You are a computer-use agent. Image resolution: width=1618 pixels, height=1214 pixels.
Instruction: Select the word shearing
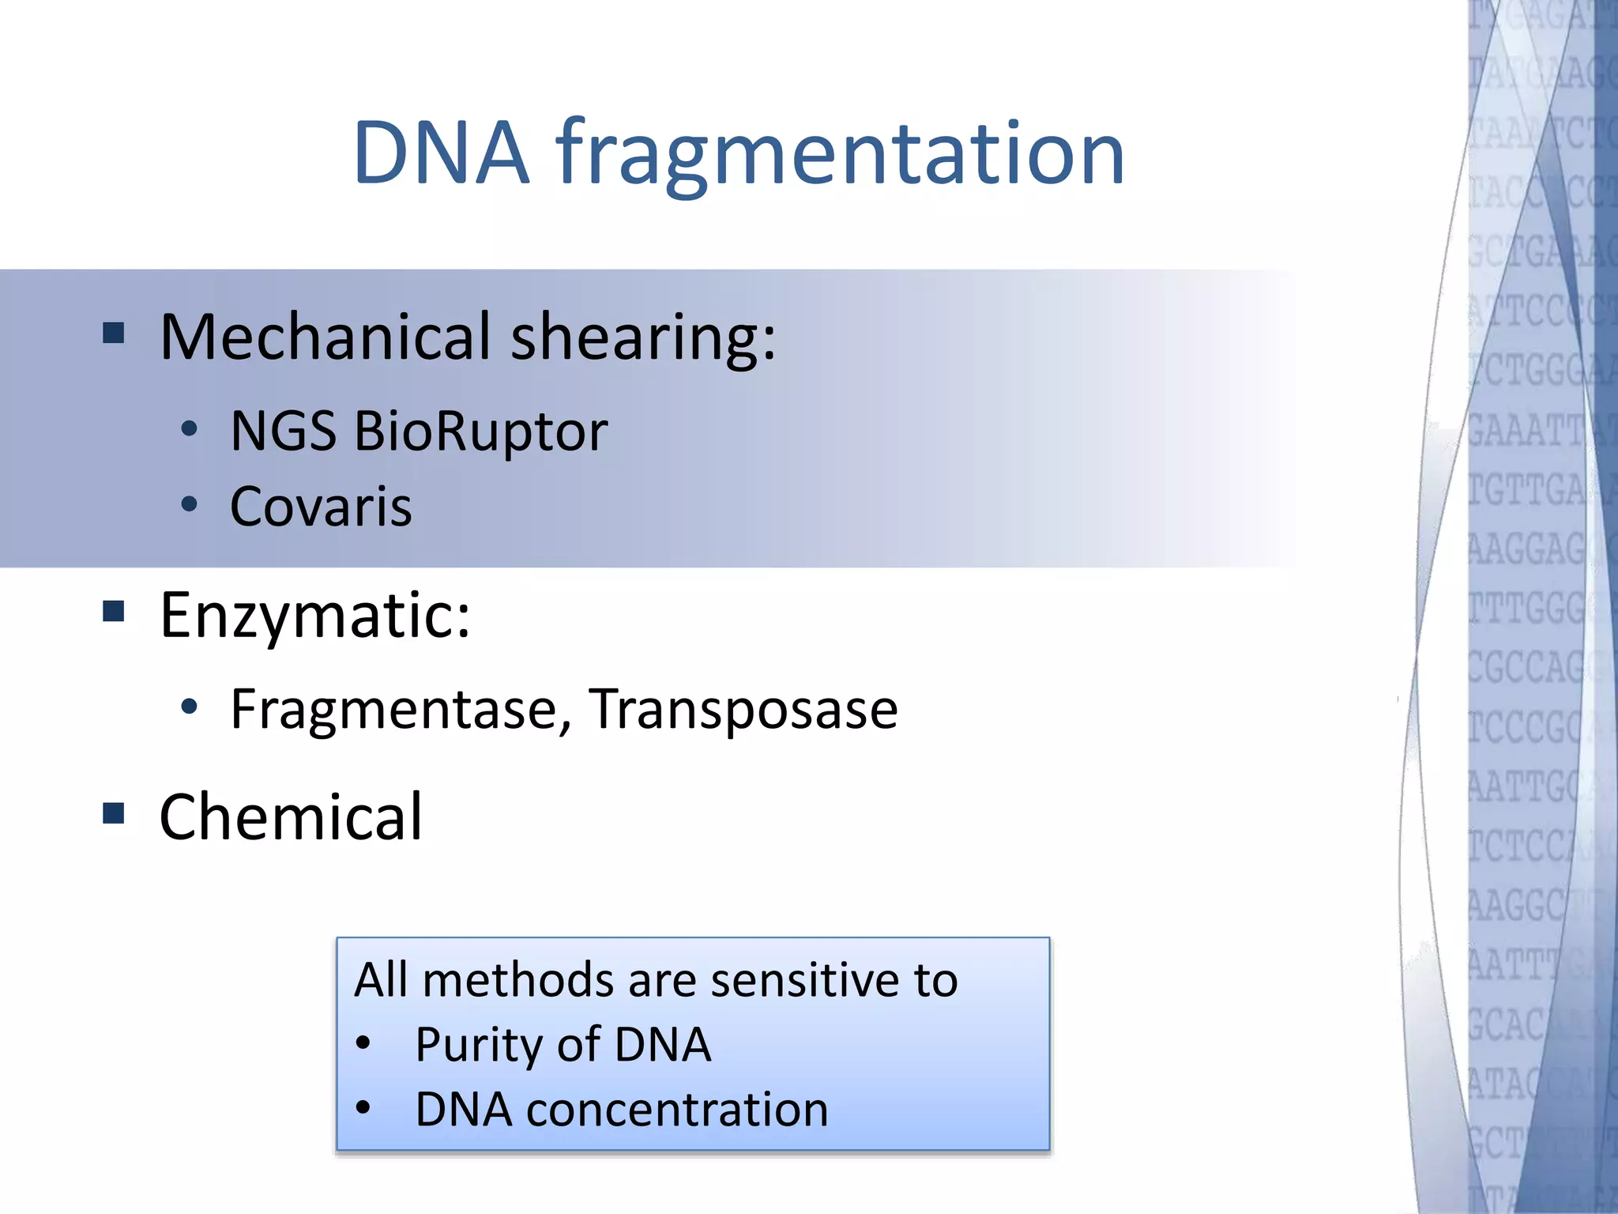pyautogui.click(x=643, y=339)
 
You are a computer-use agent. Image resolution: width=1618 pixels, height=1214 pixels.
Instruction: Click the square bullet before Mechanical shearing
pyautogui.click(x=114, y=333)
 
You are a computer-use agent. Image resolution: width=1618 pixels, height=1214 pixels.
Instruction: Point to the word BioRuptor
pyautogui.click(x=480, y=432)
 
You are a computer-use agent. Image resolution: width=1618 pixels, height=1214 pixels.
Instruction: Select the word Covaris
pyautogui.click(x=321, y=507)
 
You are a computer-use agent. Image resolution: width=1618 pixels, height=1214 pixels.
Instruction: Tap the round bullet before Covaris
pyautogui.click(x=189, y=503)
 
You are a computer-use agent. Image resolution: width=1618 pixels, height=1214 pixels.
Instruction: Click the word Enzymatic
pyautogui.click(x=314, y=616)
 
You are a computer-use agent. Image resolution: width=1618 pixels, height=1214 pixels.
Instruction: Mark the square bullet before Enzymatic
pyautogui.click(x=114, y=611)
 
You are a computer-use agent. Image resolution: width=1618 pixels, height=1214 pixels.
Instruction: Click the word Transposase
pyautogui.click(x=743, y=709)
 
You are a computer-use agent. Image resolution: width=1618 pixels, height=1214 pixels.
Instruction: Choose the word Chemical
pyautogui.click(x=291, y=817)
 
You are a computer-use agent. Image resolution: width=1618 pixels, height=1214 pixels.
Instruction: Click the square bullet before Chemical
pyautogui.click(x=114, y=812)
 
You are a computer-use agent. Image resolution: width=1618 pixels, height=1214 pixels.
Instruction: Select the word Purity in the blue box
pyautogui.click(x=479, y=1046)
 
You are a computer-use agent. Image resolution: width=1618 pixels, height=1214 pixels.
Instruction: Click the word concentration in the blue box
pyautogui.click(x=677, y=1110)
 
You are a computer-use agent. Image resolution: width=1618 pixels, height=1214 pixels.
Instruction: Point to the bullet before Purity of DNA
pyautogui.click(x=363, y=1043)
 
